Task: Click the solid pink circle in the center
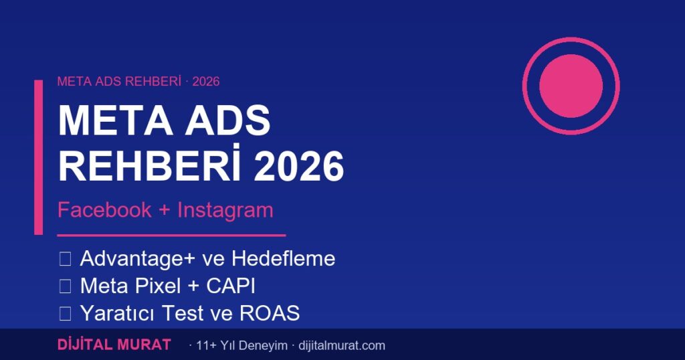coord(571,86)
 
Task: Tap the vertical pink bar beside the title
coord(38,157)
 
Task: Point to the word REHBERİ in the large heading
coord(143,167)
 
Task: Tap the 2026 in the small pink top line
coord(206,82)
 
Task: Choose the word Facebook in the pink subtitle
coord(104,210)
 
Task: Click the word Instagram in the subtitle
coord(225,210)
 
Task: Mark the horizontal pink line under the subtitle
coord(171,236)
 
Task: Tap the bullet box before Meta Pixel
coord(65,286)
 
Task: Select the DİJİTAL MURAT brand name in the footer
coord(114,345)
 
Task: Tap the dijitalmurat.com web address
coord(341,346)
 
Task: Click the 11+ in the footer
coord(206,346)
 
